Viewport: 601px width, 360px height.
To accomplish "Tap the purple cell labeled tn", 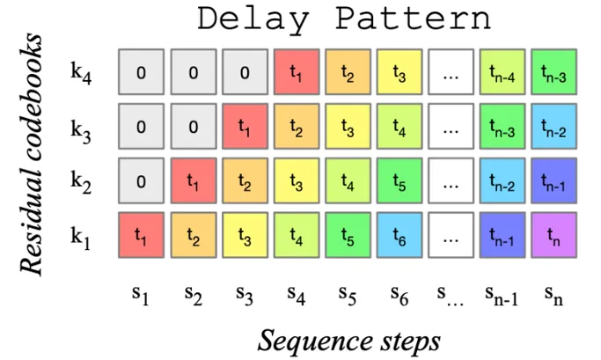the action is click(x=553, y=235).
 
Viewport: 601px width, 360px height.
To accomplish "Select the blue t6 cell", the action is click(x=399, y=235).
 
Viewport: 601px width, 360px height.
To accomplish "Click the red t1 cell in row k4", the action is click(x=297, y=74).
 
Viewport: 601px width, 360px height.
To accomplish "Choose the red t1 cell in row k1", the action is click(x=141, y=235).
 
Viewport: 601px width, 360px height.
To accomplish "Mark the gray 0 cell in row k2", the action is click(x=141, y=181).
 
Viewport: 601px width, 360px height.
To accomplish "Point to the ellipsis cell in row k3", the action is click(x=451, y=128).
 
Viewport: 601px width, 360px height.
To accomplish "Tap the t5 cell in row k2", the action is click(x=399, y=181).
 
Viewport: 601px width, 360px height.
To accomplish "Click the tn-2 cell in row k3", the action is click(x=553, y=128).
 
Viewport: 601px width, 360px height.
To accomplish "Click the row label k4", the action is click(x=81, y=73).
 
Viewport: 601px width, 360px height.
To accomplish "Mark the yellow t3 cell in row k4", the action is click(x=399, y=74).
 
